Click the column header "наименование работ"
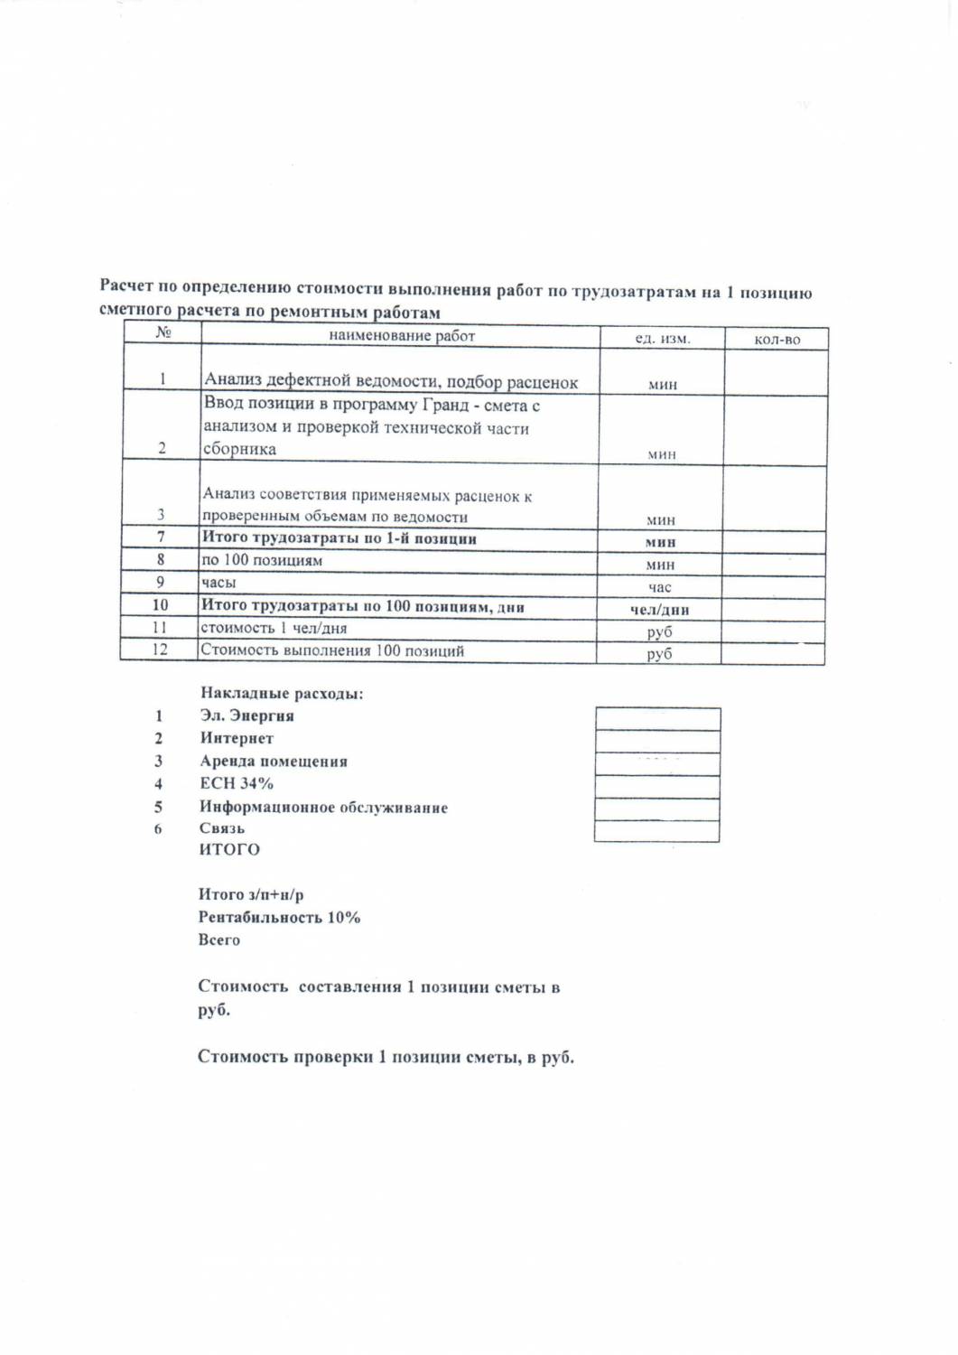pos(401,336)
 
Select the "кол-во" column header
pos(777,340)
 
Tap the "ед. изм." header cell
pos(662,339)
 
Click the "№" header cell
pos(163,333)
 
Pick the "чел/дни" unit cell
pos(659,610)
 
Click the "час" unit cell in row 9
pos(659,587)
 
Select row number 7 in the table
pos(161,537)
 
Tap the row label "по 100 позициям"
pos(262,560)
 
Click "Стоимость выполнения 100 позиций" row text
pos(332,650)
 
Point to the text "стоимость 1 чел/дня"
pos(274,628)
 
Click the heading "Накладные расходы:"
pos(282,694)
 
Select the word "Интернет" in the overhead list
pos(237,738)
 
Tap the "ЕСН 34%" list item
pos(237,783)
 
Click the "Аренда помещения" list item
pos(274,761)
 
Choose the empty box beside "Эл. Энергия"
pos(657,719)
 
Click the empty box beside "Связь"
pos(656,831)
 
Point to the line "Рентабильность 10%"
pos(279,917)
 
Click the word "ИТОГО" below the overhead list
pos(229,849)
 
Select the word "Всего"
pos(219,939)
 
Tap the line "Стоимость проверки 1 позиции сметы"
pos(386,1057)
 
